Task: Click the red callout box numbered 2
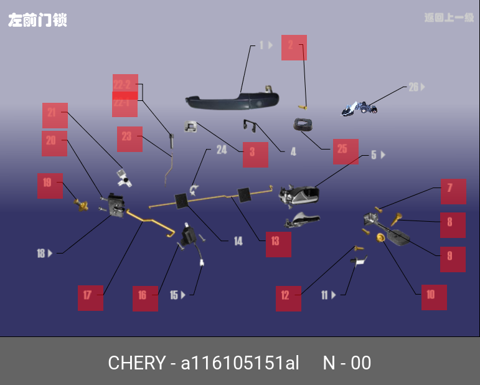click(294, 47)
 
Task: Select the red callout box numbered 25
click(346, 151)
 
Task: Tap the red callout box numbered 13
click(278, 244)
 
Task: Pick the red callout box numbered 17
click(90, 298)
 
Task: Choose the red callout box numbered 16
click(145, 298)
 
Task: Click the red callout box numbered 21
click(55, 115)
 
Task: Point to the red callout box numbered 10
click(434, 297)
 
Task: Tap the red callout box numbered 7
click(453, 191)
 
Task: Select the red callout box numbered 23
click(129, 139)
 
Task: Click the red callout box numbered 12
click(288, 298)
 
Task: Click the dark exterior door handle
click(232, 100)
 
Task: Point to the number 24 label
click(222, 150)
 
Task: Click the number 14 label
click(238, 241)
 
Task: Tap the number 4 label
click(293, 151)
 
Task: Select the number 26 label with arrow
click(416, 87)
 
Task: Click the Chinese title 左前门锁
click(37, 20)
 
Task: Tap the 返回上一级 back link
click(449, 17)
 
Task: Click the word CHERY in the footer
click(136, 363)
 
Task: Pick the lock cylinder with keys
click(360, 109)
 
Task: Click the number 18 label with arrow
click(44, 254)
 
